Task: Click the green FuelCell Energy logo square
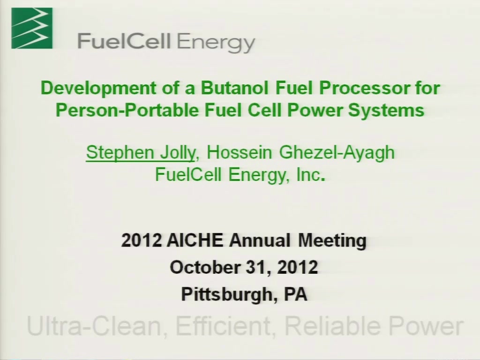(32, 28)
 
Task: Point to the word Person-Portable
(127, 110)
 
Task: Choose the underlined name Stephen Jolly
(141, 153)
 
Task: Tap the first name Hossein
(239, 152)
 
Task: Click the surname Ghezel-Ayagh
(337, 153)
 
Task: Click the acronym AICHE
(195, 240)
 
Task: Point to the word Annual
(260, 240)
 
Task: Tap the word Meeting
(332, 240)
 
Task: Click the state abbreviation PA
(295, 294)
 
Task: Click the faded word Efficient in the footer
(224, 326)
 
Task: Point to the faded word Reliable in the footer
(332, 326)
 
